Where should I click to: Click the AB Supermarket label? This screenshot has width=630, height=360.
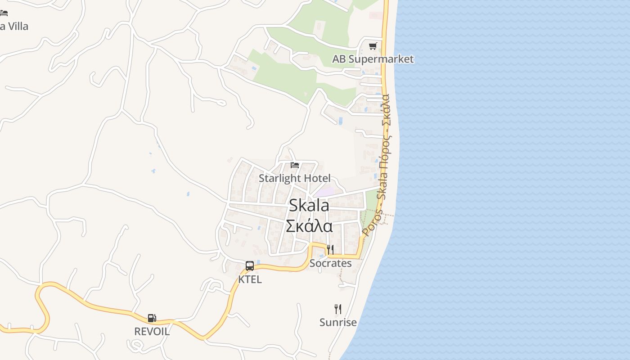pos(373,59)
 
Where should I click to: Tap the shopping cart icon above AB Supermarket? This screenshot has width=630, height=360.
pos(373,46)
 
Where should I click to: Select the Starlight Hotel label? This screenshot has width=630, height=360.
pos(294,178)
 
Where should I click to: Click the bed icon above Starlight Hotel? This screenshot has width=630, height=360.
pos(295,165)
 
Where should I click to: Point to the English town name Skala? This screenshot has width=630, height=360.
pos(309,206)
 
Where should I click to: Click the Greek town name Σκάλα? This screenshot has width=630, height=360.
pos(309,225)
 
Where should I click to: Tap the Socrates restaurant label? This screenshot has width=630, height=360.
pos(330,263)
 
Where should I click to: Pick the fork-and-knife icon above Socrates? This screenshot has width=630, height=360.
pos(330,250)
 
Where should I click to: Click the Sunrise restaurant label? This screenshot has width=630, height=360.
pos(338,322)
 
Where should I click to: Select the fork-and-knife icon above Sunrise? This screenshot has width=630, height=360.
pos(338,309)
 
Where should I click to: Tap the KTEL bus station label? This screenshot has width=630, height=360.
pos(250,279)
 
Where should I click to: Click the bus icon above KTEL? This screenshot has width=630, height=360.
pos(250,266)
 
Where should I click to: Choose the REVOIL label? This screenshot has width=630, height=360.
pos(152,332)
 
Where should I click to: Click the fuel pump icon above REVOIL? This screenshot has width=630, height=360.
pos(152,318)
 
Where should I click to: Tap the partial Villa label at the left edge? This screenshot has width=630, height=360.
pos(14,26)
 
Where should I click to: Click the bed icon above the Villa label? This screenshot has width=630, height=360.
pos(4,13)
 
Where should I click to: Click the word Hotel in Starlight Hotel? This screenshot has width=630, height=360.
pos(317,178)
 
